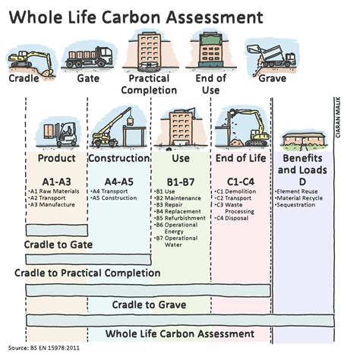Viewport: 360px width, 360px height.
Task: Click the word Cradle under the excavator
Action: pyautogui.click(x=24, y=77)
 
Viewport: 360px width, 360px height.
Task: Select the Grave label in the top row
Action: pyautogui.click(x=272, y=77)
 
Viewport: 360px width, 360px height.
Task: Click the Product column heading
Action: pyautogui.click(x=56, y=159)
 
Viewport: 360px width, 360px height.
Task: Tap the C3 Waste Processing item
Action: pyautogui.click(x=235, y=208)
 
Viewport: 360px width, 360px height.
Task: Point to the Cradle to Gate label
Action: pyautogui.click(x=58, y=244)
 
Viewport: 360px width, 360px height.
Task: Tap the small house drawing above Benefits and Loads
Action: pyautogui.click(x=303, y=140)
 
